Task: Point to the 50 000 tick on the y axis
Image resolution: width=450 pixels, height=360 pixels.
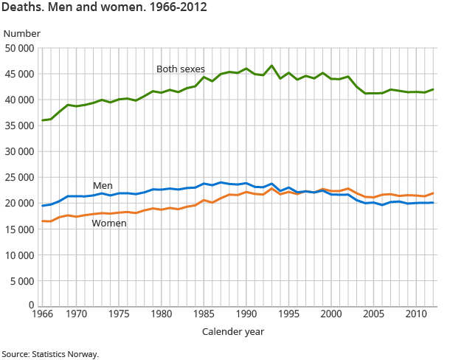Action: (x=19, y=49)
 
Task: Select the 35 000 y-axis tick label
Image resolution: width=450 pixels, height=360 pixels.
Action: (x=19, y=126)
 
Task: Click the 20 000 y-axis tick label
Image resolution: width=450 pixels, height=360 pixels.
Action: (x=19, y=204)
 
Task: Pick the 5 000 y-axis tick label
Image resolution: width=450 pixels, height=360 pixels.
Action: (x=22, y=281)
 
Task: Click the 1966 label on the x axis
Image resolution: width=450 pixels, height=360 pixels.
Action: (x=42, y=314)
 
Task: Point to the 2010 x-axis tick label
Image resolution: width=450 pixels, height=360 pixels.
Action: (x=416, y=314)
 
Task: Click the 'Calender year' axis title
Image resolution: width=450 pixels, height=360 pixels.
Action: (x=233, y=332)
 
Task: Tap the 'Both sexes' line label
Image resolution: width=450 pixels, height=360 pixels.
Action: (x=181, y=69)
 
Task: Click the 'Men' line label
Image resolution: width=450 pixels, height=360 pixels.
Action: (x=103, y=185)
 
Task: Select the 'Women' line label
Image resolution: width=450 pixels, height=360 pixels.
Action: (x=108, y=224)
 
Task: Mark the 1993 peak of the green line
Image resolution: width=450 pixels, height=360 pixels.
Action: (x=271, y=66)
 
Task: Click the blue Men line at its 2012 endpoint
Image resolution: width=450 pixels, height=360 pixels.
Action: (x=433, y=202)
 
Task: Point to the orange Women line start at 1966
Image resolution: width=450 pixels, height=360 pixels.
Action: (x=42, y=221)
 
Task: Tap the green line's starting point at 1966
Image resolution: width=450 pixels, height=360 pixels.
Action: (x=42, y=120)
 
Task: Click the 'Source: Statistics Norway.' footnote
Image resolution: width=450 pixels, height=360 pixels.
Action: (x=49, y=354)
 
